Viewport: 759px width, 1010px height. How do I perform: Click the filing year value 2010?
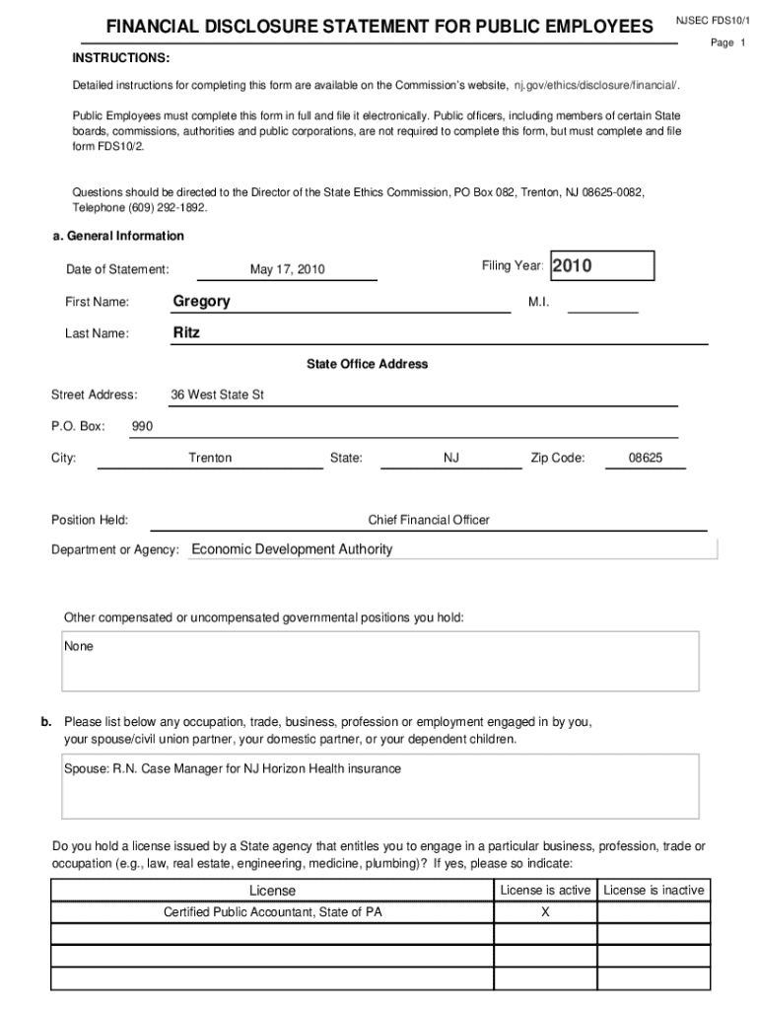tap(572, 265)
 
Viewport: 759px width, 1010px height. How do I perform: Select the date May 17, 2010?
tap(287, 269)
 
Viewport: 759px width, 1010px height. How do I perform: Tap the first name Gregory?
tap(201, 301)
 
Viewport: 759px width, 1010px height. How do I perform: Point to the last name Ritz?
tap(186, 332)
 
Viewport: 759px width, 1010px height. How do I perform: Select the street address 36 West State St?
tap(217, 395)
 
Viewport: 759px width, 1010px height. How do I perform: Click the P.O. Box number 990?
tap(142, 426)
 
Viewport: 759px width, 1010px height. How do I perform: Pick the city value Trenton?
tap(210, 458)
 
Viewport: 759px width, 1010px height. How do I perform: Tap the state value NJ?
tap(451, 458)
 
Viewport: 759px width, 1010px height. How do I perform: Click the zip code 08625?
tap(646, 458)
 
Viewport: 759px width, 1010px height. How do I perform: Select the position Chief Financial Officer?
tap(429, 520)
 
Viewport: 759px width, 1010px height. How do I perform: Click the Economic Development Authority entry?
tap(292, 549)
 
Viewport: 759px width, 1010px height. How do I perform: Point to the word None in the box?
tap(79, 647)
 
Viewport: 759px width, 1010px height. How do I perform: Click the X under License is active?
tap(545, 912)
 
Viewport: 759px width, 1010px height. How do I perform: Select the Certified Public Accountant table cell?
tap(272, 912)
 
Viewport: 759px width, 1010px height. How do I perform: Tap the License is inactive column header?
tap(654, 890)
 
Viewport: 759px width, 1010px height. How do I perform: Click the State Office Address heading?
tap(367, 364)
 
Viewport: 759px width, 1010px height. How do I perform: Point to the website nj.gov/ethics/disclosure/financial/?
tap(596, 86)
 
